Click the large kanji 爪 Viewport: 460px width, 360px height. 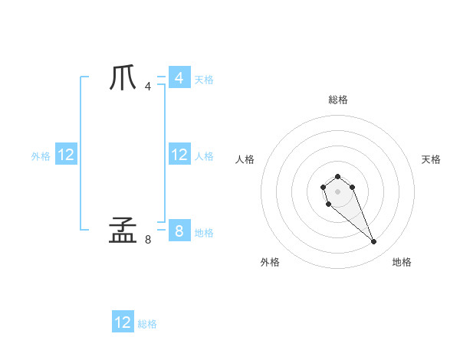click(123, 78)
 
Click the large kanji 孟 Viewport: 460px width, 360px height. click(123, 230)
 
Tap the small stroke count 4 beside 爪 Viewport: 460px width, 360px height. click(148, 86)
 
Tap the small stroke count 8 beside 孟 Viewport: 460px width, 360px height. click(148, 239)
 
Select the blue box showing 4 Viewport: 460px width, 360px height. click(179, 78)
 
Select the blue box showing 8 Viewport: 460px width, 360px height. click(179, 231)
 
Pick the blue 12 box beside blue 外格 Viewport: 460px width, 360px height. click(66, 155)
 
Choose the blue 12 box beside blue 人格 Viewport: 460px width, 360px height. click(179, 155)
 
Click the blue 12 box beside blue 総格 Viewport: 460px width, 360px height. click(123, 322)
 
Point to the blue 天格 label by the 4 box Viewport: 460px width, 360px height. click(204, 80)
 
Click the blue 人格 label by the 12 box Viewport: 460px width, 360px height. click(204, 156)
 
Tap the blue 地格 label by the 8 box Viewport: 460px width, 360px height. click(204, 233)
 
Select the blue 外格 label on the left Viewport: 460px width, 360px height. click(41, 156)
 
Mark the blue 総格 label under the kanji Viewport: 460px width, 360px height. click(147, 324)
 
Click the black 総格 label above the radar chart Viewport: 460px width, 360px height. click(337, 100)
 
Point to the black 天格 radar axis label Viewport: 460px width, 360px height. click(431, 159)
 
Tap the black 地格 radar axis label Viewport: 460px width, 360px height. click(402, 262)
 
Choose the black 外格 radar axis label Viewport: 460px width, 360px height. click(270, 262)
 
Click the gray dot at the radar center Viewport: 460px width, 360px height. click(337, 190)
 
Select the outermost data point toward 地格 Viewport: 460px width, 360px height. click(373, 242)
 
